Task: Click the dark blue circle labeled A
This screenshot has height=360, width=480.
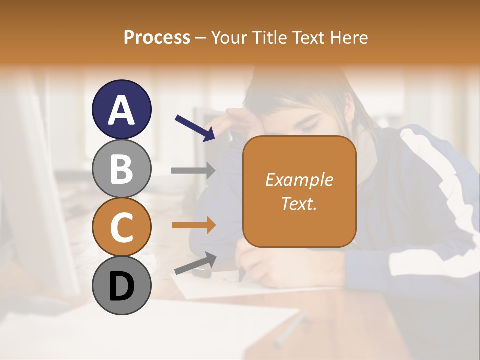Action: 121,109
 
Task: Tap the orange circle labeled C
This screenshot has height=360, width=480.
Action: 121,227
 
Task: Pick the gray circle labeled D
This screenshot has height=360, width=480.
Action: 121,285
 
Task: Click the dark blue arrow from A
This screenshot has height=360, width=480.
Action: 195,128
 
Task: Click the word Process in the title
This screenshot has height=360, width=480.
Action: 157,38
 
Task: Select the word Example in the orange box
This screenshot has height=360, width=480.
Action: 299,180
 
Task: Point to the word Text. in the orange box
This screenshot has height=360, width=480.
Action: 299,203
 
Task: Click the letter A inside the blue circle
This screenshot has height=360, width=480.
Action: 121,110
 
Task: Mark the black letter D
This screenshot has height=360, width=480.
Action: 121,286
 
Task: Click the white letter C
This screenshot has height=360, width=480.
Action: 121,228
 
